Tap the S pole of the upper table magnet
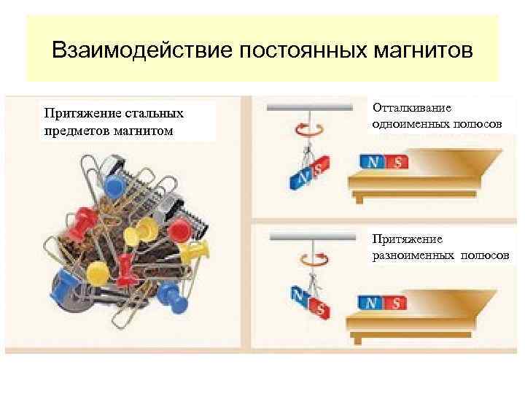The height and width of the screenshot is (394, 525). point(397,162)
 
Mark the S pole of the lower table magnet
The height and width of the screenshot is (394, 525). point(396,301)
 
